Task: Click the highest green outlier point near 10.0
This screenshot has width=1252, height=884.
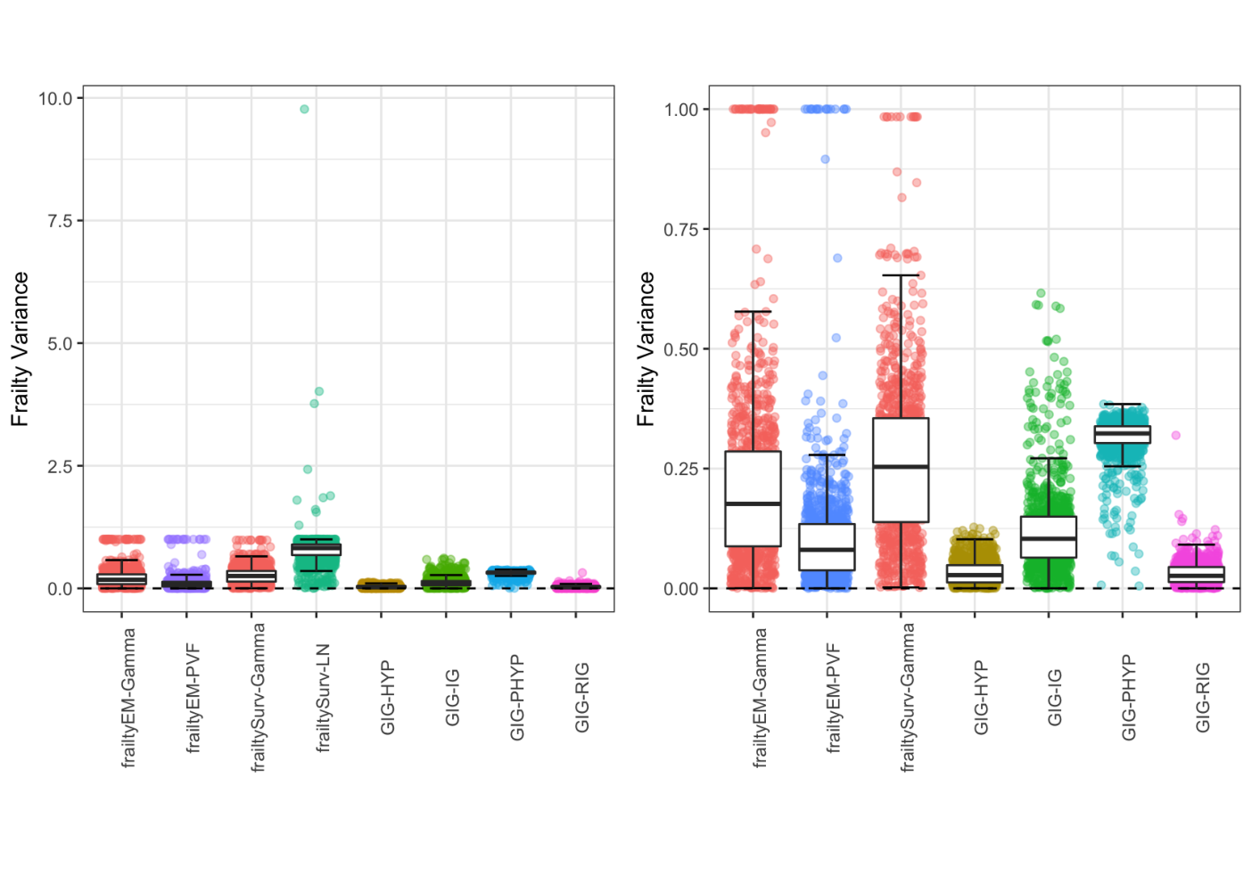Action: [x=304, y=109]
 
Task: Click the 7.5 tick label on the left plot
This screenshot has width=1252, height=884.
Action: [x=61, y=221]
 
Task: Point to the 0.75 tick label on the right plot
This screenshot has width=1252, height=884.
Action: [x=681, y=230]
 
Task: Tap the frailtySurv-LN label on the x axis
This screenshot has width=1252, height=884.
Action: [x=323, y=698]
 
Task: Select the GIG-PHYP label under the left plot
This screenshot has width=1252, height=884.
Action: [x=517, y=698]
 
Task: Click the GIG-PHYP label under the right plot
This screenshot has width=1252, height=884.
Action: [x=1128, y=698]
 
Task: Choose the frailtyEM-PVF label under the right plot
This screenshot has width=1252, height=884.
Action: [x=833, y=698]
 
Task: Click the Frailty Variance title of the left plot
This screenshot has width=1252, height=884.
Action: [x=21, y=349]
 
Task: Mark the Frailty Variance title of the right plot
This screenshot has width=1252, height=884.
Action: [x=646, y=349]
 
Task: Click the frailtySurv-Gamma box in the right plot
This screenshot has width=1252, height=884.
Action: [x=901, y=471]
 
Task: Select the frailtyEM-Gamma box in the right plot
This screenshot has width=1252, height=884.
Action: [x=753, y=499]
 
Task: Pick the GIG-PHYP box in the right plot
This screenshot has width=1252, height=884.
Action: [x=1123, y=435]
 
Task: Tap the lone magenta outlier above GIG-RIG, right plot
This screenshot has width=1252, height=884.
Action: [x=1176, y=435]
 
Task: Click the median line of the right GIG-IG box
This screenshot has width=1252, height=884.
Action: [x=1049, y=538]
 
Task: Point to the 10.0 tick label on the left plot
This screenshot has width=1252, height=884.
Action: [x=56, y=99]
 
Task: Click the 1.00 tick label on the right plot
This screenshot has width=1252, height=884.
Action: [x=681, y=110]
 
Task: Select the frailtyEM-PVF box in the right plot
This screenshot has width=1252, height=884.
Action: [x=827, y=546]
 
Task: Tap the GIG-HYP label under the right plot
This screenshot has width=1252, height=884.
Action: [x=981, y=698]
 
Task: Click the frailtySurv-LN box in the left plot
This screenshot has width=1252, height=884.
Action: [x=317, y=550]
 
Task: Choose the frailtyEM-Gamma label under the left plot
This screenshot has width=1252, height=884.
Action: [x=128, y=698]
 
